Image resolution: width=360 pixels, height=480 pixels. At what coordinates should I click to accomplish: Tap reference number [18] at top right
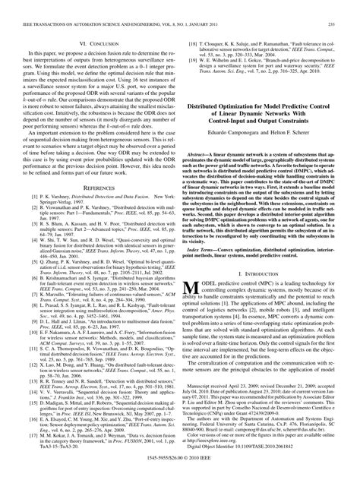tap(192, 24)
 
